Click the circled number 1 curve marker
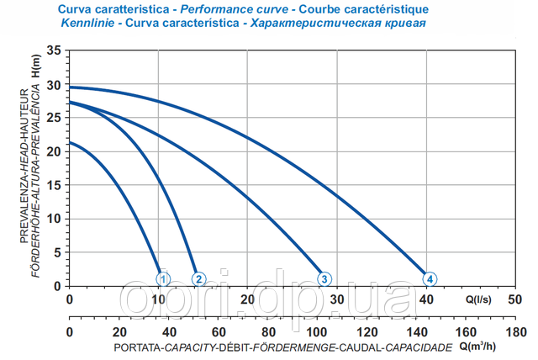[163, 278]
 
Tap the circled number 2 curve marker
[199, 278]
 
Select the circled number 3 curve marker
[324, 278]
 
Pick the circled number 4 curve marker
[430, 278]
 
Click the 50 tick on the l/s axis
[516, 299]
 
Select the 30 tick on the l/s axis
[337, 299]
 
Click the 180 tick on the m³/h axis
[516, 333]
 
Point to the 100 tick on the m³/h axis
[318, 333]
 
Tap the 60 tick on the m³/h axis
[219, 333]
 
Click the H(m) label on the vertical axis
[37, 66]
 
